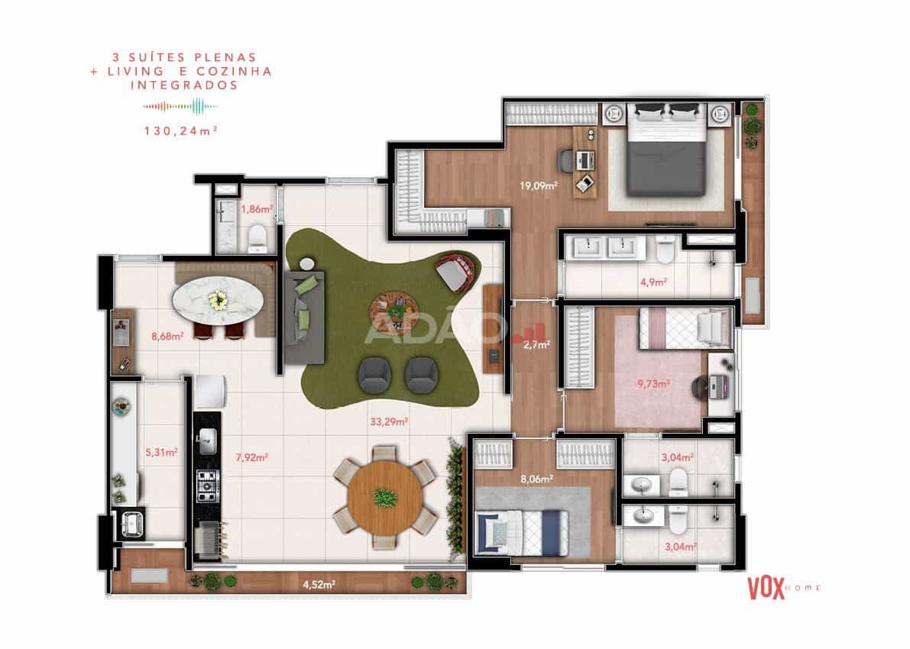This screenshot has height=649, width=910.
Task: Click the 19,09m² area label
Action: [538, 186]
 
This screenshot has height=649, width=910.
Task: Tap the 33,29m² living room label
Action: [388, 421]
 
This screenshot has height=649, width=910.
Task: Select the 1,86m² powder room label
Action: [257, 208]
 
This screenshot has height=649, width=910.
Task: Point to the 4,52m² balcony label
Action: [319, 584]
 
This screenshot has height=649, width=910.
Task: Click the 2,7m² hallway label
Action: [536, 344]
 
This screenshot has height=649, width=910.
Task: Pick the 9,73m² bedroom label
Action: [653, 383]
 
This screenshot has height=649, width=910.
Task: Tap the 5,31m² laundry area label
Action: [161, 452]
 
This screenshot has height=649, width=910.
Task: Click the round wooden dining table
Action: [385, 497]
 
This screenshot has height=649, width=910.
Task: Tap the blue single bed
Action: [522, 532]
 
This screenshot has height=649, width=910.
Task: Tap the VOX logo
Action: [766, 587]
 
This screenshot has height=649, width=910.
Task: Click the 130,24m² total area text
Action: [181, 131]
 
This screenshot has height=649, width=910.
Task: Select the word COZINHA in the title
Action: [235, 71]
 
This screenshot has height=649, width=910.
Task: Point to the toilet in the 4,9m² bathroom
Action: [666, 249]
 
